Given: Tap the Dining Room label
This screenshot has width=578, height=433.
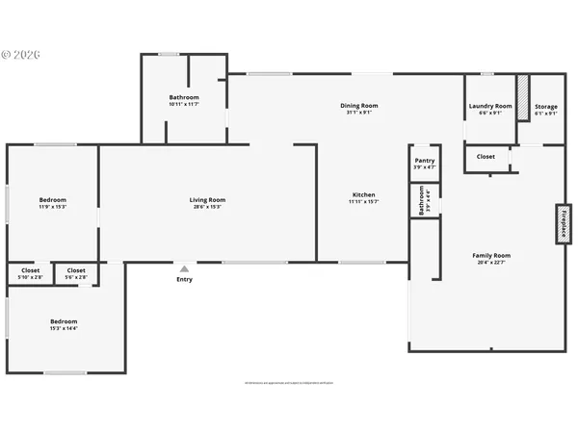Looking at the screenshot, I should click(358, 105).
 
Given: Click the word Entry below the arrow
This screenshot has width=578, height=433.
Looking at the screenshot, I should click(184, 279).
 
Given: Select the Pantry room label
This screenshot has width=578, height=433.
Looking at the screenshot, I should click(424, 161).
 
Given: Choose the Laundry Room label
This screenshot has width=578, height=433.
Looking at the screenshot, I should click(489, 106).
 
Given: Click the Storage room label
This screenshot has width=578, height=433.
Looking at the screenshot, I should click(546, 106).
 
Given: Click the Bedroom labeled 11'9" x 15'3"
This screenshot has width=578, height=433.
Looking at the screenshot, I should click(52, 200).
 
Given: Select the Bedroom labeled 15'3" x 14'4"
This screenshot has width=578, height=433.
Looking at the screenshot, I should click(64, 320).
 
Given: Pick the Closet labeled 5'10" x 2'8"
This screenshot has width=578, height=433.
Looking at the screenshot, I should click(30, 270).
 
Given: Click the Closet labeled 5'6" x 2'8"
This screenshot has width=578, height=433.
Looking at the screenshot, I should click(76, 270).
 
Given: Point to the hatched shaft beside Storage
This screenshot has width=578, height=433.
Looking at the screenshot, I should click(523, 97).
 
